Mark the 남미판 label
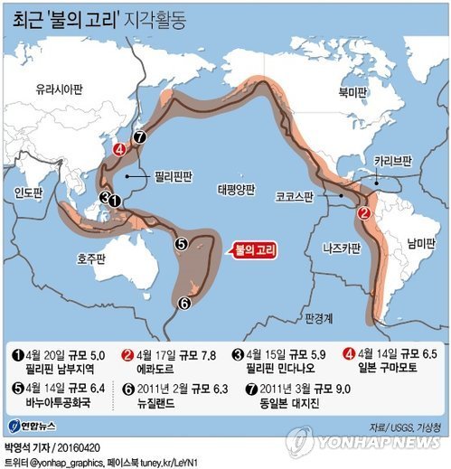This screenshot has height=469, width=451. click(418, 243)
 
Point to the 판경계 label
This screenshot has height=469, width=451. click(320, 318)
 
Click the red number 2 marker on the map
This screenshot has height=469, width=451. click(363, 213)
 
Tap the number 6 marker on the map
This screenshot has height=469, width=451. click(183, 303)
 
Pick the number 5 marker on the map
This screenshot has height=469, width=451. click(181, 243)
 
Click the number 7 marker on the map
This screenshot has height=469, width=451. click(139, 137)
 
